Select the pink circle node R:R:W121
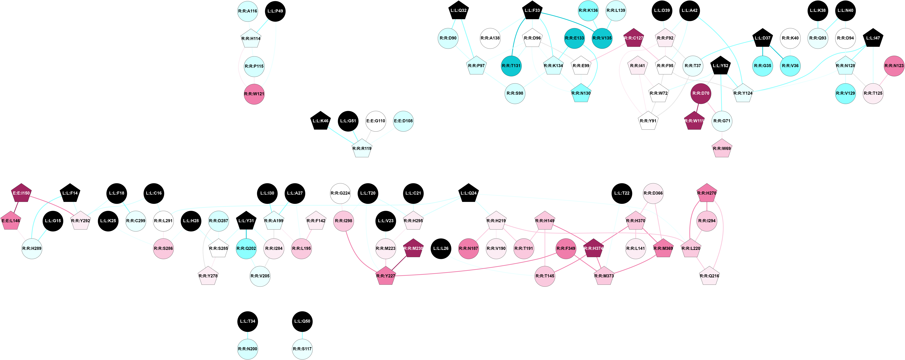tap(254, 94)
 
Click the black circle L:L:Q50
tap(302, 321)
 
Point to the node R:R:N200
tap(248, 349)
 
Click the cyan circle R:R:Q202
tap(246, 248)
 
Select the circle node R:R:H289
tap(32, 248)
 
